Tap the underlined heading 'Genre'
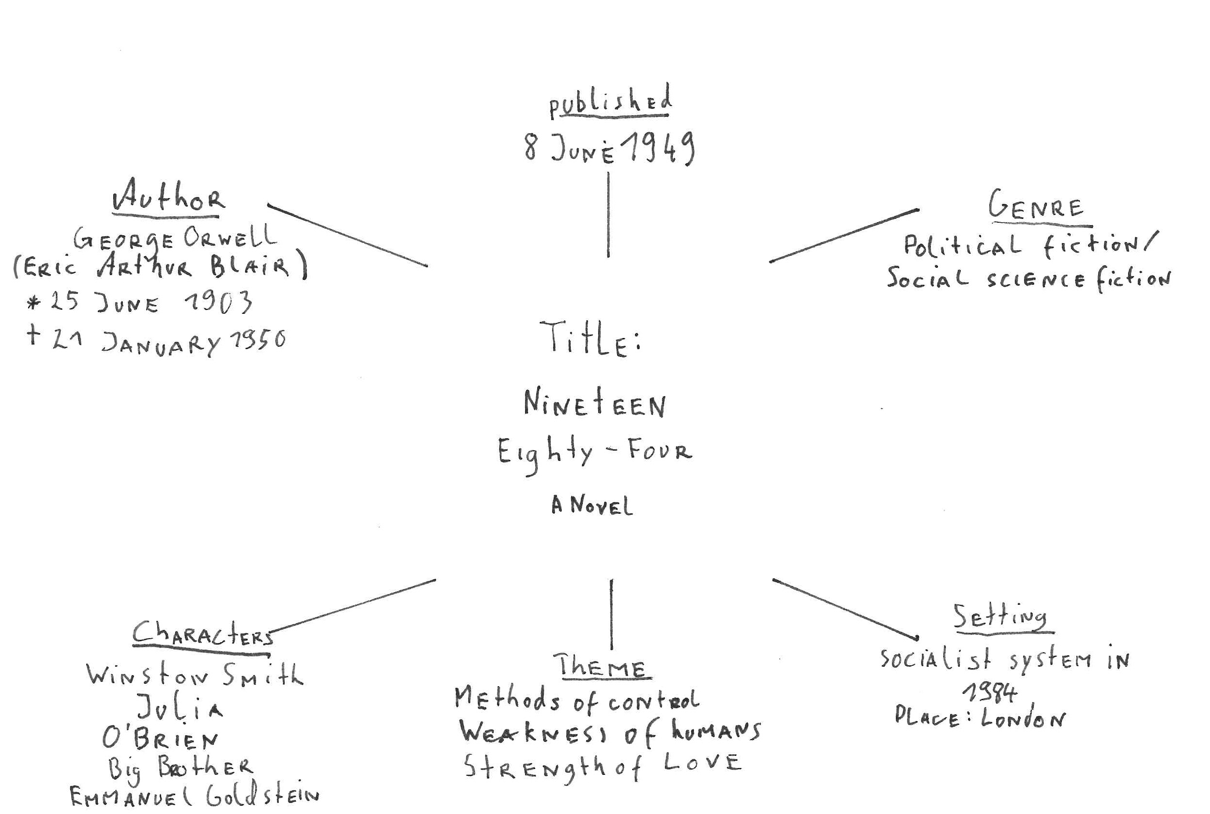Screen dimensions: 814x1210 click(1036, 206)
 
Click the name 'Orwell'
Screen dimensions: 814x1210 click(230, 238)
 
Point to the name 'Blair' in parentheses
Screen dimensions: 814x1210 click(250, 265)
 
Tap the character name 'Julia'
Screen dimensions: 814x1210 click(180, 707)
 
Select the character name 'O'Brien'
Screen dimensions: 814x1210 click(160, 738)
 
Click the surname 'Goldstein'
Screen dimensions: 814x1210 click(262, 795)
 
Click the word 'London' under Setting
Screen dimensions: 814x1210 click(1022, 718)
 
